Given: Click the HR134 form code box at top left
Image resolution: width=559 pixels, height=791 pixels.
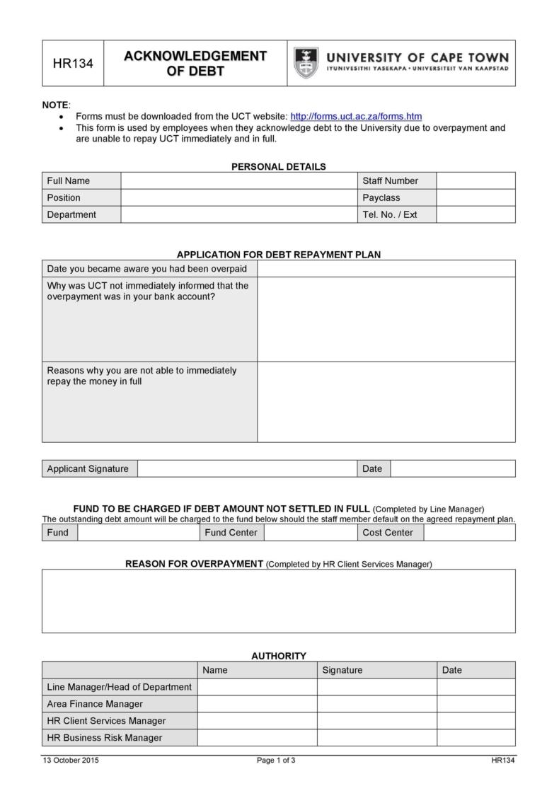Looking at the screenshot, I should click(x=73, y=64).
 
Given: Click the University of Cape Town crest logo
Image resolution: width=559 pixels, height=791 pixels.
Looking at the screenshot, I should click(x=306, y=63).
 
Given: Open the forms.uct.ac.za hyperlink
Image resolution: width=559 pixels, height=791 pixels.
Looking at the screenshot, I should click(x=356, y=116).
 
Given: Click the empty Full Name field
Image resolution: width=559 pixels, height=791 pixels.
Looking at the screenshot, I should click(x=240, y=180).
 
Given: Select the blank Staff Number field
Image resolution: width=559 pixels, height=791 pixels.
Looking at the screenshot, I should click(x=476, y=180).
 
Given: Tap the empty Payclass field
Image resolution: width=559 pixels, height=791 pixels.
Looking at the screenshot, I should click(x=476, y=197).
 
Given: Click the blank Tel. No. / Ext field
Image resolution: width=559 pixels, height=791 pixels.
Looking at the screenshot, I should click(x=476, y=214).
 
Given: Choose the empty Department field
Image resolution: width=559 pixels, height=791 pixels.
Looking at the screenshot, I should click(x=240, y=214).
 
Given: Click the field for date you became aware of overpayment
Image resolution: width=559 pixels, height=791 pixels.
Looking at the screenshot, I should click(x=386, y=269).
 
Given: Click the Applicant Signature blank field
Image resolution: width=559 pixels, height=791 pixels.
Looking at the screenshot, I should click(x=247, y=468).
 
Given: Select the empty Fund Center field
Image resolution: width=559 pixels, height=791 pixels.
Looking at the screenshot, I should click(x=311, y=533).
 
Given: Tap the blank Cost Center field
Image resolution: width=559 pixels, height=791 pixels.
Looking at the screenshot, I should click(x=469, y=533).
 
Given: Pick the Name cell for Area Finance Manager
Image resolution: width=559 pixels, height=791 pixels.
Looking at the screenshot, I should click(x=257, y=704).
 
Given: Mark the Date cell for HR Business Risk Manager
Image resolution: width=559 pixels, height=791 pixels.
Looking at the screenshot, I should click(x=476, y=738).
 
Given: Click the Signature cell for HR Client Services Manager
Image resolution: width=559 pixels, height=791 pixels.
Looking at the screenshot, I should click(x=376, y=721).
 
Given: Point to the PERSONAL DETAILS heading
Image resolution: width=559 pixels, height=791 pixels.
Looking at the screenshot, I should click(x=279, y=167).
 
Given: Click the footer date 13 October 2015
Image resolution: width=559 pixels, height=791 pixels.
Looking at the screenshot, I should click(x=71, y=761).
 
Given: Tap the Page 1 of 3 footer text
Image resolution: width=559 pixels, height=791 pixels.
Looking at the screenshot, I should click(x=276, y=761).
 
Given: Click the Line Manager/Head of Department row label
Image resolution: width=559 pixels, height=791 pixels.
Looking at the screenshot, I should click(x=119, y=687).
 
